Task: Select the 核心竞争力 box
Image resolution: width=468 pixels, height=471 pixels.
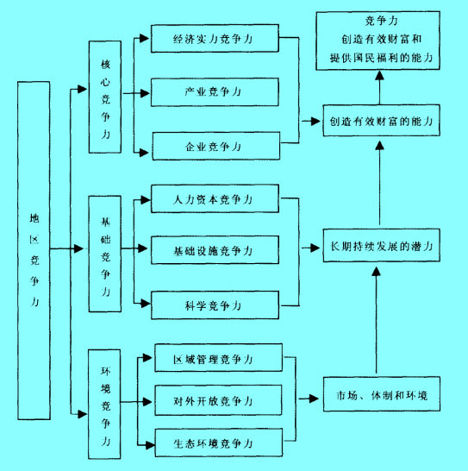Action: pyautogui.click(x=105, y=97)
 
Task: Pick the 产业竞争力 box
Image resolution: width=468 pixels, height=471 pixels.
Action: pyautogui.click(x=214, y=91)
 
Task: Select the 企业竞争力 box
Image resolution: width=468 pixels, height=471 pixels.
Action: pyautogui.click(x=214, y=145)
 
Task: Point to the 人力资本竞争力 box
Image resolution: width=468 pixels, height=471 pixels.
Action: pyautogui.click(x=214, y=199)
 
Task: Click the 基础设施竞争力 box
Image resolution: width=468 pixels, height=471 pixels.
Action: pyautogui.click(x=214, y=251)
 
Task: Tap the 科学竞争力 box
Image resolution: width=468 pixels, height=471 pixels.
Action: pyautogui.click(x=214, y=305)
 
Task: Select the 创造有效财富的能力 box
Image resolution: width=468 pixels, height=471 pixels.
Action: pyautogui.click(x=378, y=121)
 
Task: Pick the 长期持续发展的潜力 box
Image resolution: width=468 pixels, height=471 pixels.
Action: pyautogui.click(x=378, y=246)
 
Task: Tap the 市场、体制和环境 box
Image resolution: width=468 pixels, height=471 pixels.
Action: pyautogui.click(x=378, y=398)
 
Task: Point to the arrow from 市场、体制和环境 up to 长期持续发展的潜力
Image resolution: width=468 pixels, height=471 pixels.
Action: pyautogui.click(x=377, y=319)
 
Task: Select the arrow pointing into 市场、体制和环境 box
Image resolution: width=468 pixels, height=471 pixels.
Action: pyautogui.click(x=307, y=399)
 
